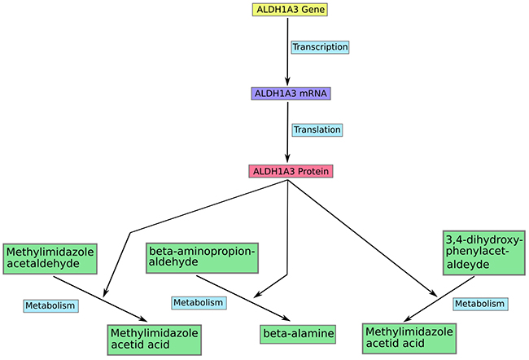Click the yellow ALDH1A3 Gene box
[291, 10]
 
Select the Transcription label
[320, 47]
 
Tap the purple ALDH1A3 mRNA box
[291, 94]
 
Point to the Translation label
[317, 130]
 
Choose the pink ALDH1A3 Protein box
[291, 171]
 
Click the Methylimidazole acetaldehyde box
[50, 258]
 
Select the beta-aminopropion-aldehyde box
[202, 257]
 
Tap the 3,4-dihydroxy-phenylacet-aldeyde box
[483, 252]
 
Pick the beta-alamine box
[298, 334]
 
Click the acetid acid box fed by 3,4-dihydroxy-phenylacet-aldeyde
[409, 338]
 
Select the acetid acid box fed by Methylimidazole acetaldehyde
[155, 340]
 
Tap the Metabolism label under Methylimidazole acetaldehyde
[50, 305]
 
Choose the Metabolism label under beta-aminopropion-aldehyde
[199, 303]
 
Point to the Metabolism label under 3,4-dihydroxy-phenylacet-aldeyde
[480, 304]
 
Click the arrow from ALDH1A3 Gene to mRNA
[287, 51]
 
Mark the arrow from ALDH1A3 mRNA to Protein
[287, 132]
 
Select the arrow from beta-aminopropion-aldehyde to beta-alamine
[243, 298]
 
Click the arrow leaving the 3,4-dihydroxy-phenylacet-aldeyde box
[439, 299]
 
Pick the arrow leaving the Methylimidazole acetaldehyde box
[100, 299]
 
